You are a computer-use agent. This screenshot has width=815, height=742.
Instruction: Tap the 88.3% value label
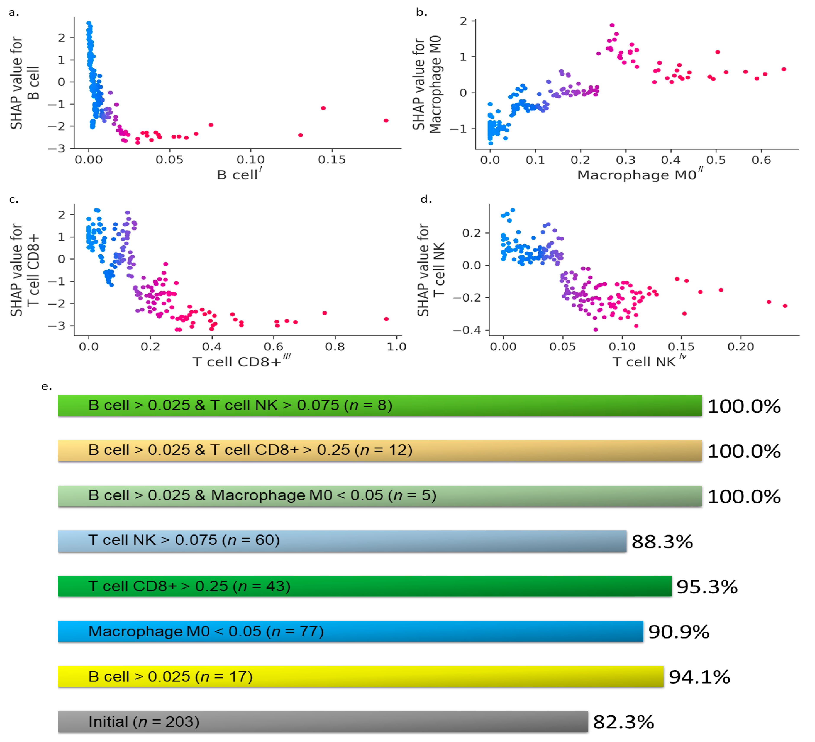tap(662, 541)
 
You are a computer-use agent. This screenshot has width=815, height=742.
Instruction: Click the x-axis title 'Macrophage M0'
tap(637, 175)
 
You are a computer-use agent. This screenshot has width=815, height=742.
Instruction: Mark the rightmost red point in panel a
tap(386, 121)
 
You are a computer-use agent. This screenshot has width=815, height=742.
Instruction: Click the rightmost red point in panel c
tap(386, 319)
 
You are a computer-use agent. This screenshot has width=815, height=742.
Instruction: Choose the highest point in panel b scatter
tap(612, 25)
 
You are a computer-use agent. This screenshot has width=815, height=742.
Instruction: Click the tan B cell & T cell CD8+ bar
tap(379, 450)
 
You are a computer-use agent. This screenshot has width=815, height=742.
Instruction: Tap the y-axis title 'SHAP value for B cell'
tap(24, 83)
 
